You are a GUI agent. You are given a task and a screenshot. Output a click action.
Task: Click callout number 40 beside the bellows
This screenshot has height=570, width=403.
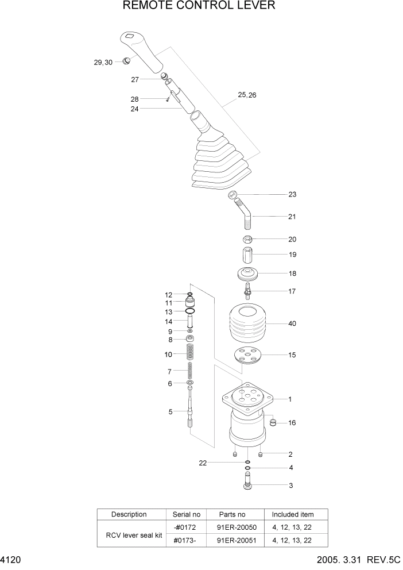coord(292,324)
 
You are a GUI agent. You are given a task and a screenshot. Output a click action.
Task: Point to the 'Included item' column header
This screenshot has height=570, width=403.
coord(293,514)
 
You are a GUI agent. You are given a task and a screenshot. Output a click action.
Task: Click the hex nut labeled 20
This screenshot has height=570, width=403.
coord(247,239)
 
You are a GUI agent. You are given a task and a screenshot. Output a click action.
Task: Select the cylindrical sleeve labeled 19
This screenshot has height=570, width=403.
coord(247,254)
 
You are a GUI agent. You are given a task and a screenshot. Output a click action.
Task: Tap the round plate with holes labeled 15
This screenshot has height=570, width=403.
coord(248,356)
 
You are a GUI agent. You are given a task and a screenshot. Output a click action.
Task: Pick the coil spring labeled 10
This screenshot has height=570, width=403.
coord(191,353)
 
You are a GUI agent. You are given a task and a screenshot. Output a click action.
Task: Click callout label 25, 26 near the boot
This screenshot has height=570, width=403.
coord(247,95)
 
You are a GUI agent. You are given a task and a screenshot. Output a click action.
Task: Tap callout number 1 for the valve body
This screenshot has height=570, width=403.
coord(290,399)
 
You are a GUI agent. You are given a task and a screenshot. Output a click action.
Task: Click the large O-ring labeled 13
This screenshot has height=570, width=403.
coord(191,311)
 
